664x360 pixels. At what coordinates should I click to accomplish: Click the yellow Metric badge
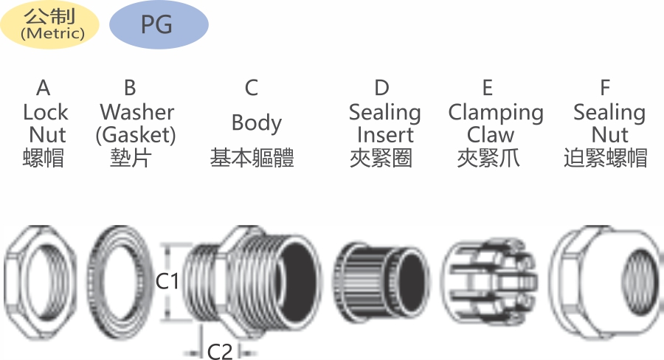(x=49, y=24)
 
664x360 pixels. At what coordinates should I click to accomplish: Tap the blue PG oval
(x=159, y=24)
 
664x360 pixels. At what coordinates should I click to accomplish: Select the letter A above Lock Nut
(x=44, y=88)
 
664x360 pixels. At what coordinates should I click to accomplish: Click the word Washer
(x=136, y=112)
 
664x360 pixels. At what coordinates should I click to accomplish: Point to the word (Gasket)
(x=136, y=135)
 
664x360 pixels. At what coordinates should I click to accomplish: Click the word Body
(x=257, y=123)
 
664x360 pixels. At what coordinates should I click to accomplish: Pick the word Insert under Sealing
(x=385, y=135)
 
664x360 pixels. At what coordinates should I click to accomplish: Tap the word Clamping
(x=496, y=113)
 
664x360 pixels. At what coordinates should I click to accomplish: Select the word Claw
(x=491, y=135)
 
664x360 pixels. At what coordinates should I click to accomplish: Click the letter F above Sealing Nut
(x=605, y=88)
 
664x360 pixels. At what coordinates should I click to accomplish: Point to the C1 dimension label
(x=167, y=281)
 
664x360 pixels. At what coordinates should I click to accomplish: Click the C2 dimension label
(x=220, y=350)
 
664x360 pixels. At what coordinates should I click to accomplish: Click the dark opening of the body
(x=299, y=283)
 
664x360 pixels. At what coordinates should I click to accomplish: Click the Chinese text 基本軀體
(x=252, y=158)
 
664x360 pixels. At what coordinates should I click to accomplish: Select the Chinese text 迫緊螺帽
(x=605, y=158)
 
